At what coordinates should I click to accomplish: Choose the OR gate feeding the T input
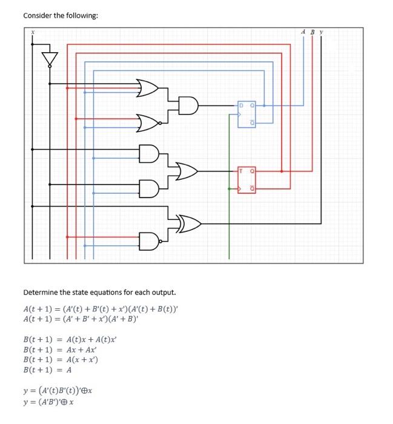click(187, 171)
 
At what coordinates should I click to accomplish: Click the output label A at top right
click(303, 31)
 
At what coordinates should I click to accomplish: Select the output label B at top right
click(312, 31)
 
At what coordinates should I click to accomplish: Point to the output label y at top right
click(322, 31)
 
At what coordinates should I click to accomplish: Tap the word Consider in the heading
click(38, 15)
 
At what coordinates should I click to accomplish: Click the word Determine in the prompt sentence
click(41, 293)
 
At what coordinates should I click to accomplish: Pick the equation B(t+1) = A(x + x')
click(60, 359)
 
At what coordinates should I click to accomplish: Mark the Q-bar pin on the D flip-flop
click(253, 123)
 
